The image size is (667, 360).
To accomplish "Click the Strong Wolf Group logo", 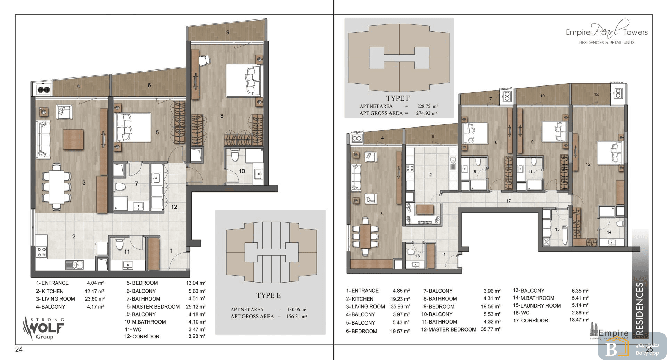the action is click(x=43, y=328).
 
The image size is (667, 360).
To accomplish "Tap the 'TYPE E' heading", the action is click(x=269, y=295).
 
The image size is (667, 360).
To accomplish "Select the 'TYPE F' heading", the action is click(x=398, y=98).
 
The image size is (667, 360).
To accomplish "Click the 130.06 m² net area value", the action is click(x=297, y=309).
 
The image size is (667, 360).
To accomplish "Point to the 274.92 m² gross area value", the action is click(x=427, y=113).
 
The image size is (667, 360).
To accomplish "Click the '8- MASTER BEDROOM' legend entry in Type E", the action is click(x=153, y=306).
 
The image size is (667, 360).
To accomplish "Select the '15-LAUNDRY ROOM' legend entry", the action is click(x=537, y=306).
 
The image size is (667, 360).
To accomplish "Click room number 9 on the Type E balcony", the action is click(x=228, y=32).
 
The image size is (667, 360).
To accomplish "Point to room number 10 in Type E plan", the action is click(x=242, y=171).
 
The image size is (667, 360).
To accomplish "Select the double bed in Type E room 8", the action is click(x=243, y=80).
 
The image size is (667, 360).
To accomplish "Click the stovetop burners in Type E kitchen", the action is click(x=42, y=252).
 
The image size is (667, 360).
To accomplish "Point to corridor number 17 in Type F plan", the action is click(x=508, y=201).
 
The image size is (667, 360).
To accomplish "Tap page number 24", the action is click(x=19, y=349).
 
